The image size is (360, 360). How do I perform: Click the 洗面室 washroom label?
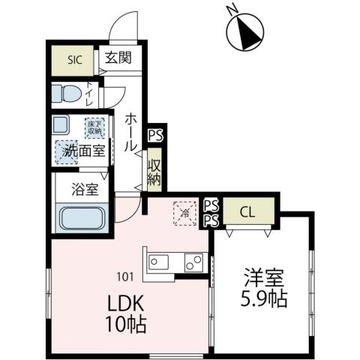coord(78,150)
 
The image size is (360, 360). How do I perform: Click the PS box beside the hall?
coord(154,136)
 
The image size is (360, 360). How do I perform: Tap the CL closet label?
coord(247,212)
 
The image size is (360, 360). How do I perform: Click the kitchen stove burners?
coord(193,262)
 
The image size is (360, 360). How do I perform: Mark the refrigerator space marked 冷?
coord(182,212)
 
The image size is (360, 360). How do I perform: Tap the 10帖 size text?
coord(124,326)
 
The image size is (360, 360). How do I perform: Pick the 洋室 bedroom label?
coord(263,277)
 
